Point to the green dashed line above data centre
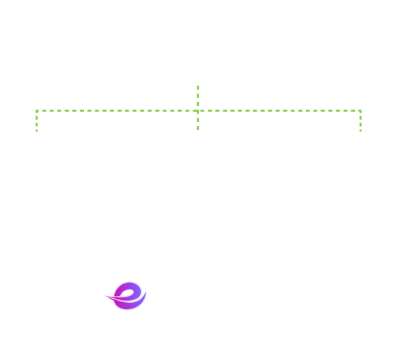pos(198,120)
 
